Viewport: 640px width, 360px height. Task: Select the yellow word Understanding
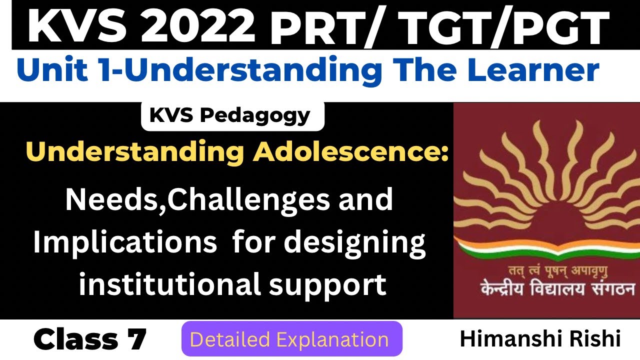135,152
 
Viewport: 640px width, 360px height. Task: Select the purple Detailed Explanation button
291,339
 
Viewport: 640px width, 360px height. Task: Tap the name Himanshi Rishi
540,339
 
